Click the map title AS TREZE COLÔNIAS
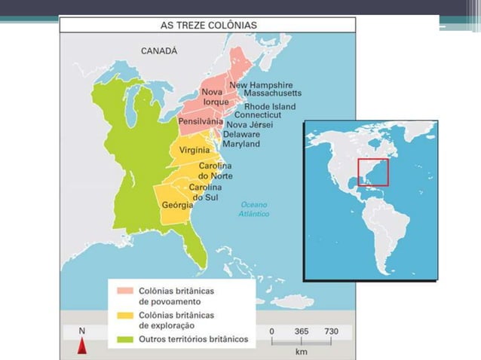[x=209, y=24]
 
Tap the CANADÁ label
[x=159, y=51]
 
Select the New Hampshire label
[x=261, y=85]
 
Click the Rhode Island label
[x=270, y=107]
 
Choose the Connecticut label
[x=257, y=115]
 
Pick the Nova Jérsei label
[x=250, y=125]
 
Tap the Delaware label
[x=242, y=134]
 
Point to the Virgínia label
[x=195, y=151]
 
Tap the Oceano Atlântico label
[x=254, y=209]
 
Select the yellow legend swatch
[x=124, y=315]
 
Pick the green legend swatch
[x=124, y=339]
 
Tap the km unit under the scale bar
[x=302, y=351]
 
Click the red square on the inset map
[x=372, y=172]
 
